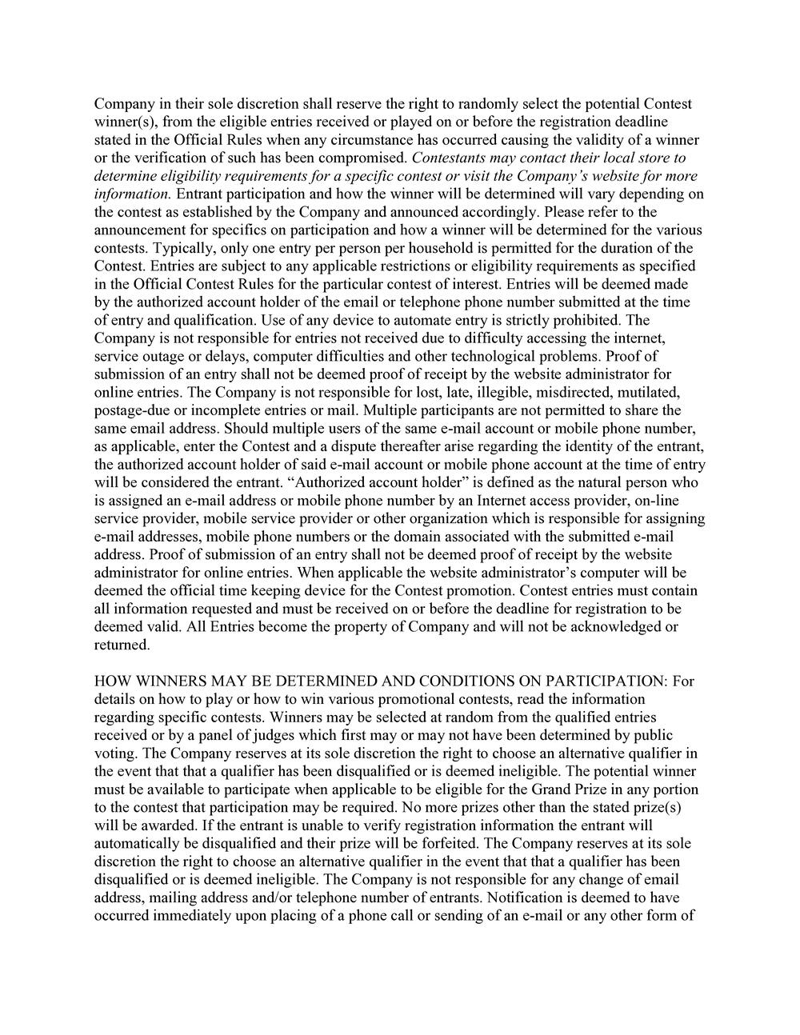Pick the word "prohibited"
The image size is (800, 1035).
[x=584, y=320]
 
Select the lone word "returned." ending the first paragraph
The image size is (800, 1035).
[x=122, y=645]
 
